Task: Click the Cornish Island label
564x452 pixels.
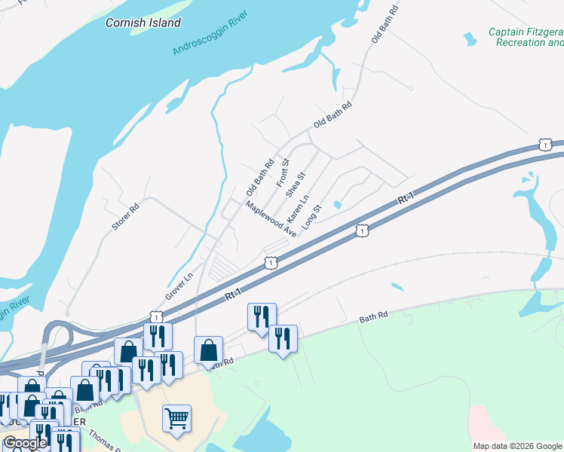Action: point(143,23)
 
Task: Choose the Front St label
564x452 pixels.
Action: point(284,173)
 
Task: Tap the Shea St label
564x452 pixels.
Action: point(296,185)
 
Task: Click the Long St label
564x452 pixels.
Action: point(311,216)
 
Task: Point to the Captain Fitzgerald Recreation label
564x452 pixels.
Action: point(526,37)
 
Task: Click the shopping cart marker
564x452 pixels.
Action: point(176,417)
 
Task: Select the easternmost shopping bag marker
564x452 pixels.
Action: point(208,349)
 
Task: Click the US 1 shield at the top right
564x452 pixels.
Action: point(544,144)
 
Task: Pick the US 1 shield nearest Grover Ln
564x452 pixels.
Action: point(155,317)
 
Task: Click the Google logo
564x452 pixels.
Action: point(25,443)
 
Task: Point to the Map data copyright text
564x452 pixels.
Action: point(517,446)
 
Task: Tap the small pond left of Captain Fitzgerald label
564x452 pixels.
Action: point(470,38)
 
